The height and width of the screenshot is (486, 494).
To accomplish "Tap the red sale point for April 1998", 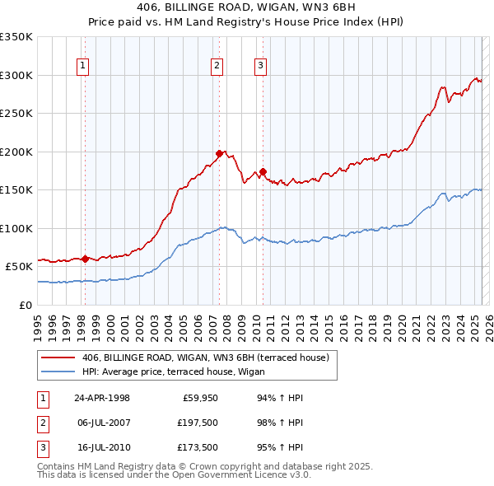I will coord(85,259).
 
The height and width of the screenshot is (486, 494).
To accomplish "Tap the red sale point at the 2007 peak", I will coord(219,153).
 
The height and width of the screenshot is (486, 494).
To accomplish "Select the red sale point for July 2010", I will coord(263,171).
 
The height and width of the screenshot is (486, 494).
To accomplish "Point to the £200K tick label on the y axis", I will coord(16,152).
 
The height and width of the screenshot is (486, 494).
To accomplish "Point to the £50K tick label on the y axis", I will coord(19,267).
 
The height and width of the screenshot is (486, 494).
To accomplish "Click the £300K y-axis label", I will coord(16,75).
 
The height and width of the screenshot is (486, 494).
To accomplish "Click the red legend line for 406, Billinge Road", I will coord(59,357).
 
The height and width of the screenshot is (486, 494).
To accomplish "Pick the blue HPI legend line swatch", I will coord(59,372).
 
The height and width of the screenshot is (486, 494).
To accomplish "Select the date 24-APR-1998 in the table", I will coord(102,398).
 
